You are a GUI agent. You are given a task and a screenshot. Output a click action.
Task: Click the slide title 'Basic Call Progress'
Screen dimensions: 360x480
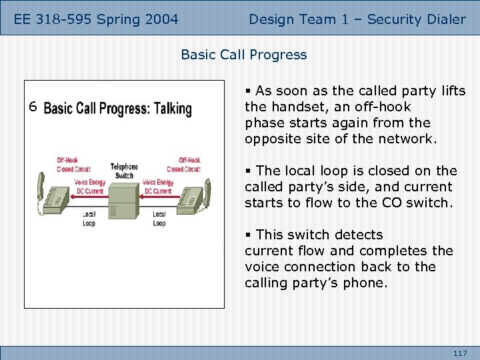244,55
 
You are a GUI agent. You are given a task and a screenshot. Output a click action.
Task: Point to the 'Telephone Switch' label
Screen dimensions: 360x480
124,171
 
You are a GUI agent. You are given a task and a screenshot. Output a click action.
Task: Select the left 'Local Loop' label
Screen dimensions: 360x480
89,219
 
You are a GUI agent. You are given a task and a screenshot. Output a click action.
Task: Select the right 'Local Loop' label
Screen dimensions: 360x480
159,219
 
